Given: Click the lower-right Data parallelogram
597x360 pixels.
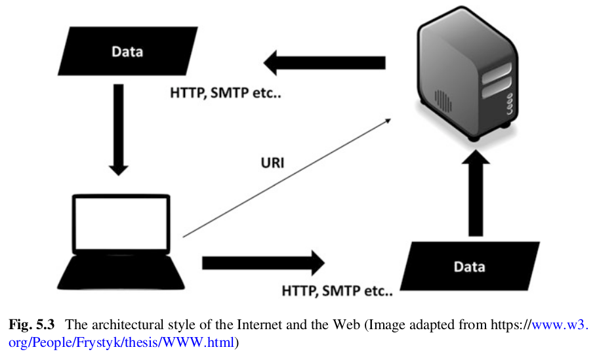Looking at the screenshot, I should pyautogui.click(x=470, y=266).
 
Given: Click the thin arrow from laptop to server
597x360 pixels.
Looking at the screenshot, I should pyautogui.click(x=289, y=176).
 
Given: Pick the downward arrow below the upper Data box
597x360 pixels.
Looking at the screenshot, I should pyautogui.click(x=118, y=127).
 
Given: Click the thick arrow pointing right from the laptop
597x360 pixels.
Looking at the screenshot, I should pyautogui.click(x=263, y=263).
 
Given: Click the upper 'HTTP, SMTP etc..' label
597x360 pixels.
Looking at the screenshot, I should pyautogui.click(x=226, y=93).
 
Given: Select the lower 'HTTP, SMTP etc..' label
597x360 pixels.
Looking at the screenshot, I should pyautogui.click(x=337, y=290).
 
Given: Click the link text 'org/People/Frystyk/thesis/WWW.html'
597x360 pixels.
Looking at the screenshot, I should pyautogui.click(x=121, y=341).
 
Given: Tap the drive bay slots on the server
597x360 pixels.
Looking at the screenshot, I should pyautogui.click(x=497, y=82).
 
